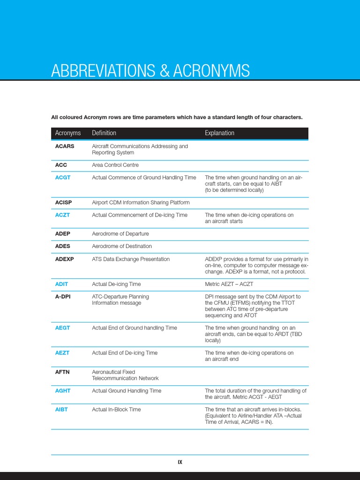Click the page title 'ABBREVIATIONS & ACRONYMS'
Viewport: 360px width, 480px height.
150,71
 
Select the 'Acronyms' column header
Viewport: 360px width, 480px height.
68,133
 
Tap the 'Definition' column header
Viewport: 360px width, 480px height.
104,133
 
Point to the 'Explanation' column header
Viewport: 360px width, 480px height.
219,133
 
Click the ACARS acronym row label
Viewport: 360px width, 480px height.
65,146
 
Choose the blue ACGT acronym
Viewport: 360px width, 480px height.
63,178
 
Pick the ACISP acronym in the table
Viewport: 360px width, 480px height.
64,202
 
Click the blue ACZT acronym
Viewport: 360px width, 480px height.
63,215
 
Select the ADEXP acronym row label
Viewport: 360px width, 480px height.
65,259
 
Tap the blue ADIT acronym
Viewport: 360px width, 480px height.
61,284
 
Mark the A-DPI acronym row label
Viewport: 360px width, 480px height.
63,297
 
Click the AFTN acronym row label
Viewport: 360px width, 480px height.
62,372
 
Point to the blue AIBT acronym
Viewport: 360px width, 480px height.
61,409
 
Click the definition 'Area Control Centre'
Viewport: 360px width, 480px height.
115,165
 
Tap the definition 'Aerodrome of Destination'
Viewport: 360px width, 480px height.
122,246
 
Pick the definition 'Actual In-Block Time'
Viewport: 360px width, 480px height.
116,409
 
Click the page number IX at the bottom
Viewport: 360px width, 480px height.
180,462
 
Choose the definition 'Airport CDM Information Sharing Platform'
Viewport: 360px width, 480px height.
141,202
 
